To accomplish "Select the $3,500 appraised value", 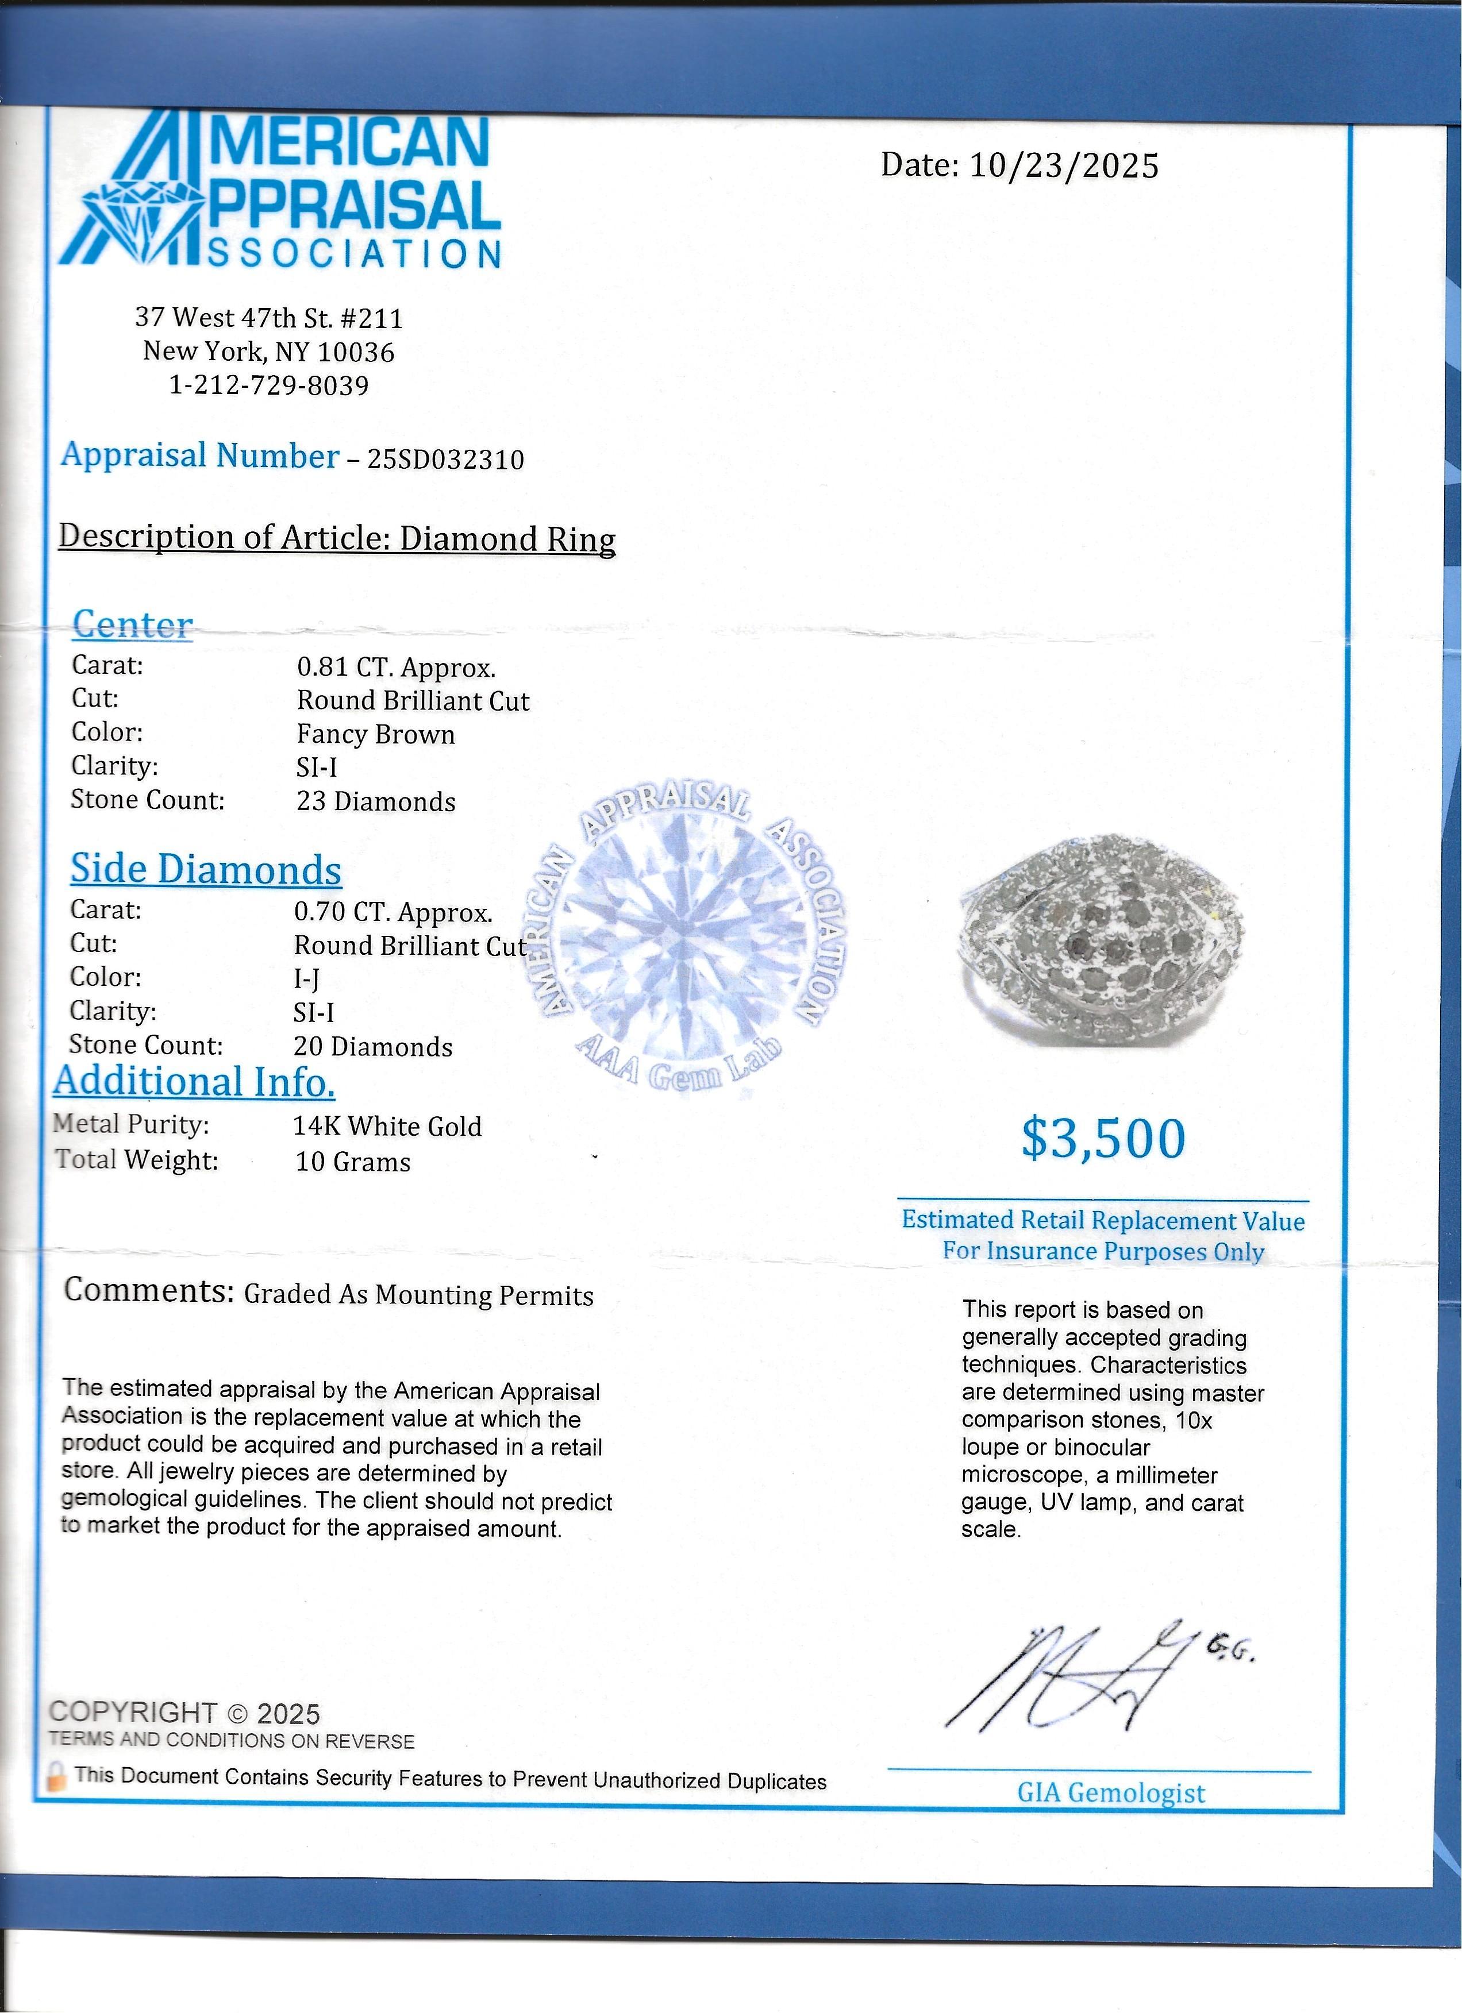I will [1103, 1139].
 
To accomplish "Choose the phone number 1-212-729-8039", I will [269, 385].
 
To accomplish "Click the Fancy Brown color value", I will [375, 735].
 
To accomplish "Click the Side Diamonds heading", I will [206, 869].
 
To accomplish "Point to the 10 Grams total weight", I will [352, 1162].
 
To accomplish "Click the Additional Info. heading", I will [194, 1081].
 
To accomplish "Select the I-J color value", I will [307, 978].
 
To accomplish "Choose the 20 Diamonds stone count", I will [373, 1047].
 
